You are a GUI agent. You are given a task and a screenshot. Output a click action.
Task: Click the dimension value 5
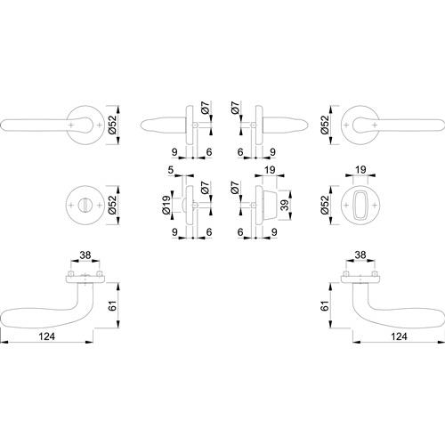tap(171, 170)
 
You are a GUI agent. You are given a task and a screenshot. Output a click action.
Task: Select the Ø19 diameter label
tap(166, 205)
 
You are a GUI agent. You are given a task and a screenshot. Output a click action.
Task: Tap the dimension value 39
tap(285, 205)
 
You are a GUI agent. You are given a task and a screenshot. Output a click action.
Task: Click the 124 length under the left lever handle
tap(47, 336)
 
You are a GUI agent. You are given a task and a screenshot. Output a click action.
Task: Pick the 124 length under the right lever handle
tap(399, 336)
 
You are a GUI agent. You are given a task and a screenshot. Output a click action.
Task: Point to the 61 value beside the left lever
tap(113, 305)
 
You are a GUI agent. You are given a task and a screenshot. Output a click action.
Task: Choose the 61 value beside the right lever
tap(325, 305)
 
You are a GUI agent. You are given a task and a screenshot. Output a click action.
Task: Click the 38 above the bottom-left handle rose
tap(85, 255)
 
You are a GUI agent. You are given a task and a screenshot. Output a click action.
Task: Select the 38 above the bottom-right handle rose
tap(360, 255)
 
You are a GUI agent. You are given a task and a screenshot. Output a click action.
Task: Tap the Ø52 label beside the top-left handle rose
tap(113, 125)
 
